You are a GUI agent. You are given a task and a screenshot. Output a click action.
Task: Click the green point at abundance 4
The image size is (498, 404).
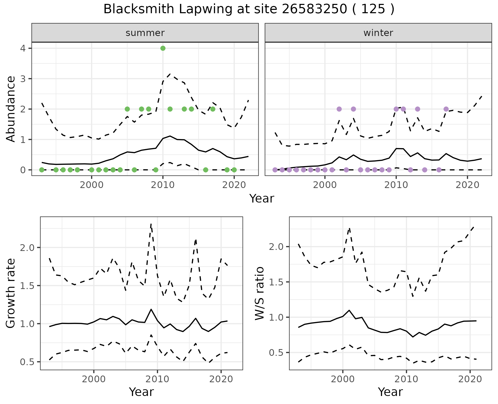pos(163,48)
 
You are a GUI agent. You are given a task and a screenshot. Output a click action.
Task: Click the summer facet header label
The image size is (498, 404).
pos(145,33)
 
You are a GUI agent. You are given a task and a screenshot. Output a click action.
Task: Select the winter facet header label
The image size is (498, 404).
pos(378,33)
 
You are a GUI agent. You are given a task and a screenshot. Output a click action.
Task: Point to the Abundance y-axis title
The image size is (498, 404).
pos(11,109)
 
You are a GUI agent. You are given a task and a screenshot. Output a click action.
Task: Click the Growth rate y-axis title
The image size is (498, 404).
pos(11,293)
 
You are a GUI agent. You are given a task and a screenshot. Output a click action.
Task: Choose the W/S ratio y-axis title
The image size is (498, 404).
pos(259,293)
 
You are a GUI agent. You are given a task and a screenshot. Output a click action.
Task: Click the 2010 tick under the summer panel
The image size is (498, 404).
pos(163,185)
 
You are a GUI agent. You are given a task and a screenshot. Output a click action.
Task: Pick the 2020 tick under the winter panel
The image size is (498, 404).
pos(467,185)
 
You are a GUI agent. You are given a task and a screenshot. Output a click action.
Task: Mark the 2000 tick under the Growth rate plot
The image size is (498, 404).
pos(94,379)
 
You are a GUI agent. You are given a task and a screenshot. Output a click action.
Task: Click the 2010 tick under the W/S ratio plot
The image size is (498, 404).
pos(406,379)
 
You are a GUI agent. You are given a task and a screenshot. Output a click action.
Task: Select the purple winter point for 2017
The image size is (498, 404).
pos(446,109)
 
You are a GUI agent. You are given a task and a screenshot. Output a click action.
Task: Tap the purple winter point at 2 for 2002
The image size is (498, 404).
pos(339,109)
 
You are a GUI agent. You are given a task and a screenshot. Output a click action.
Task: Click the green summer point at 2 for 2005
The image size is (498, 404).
pos(127,109)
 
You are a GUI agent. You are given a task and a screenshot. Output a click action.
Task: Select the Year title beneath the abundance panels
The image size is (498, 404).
pos(261,199)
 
